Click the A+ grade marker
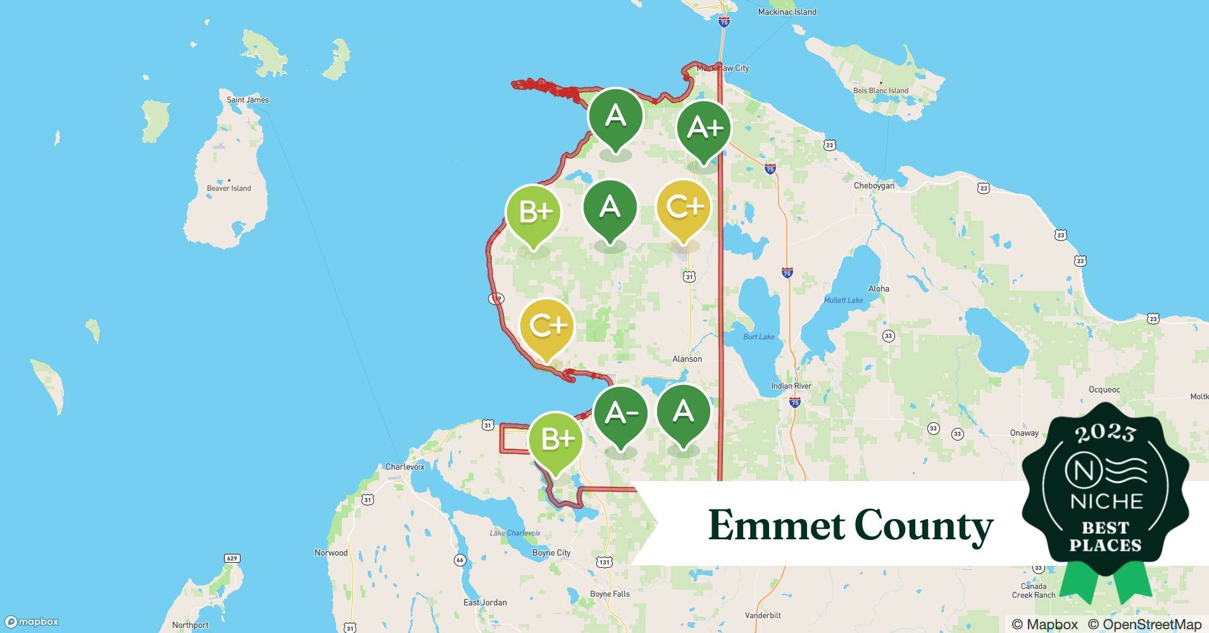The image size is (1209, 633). [x=703, y=128]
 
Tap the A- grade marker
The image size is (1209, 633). [x=620, y=414]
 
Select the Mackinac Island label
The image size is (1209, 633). [x=787, y=12]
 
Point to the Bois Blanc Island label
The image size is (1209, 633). [x=880, y=91]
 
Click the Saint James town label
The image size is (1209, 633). [x=247, y=100]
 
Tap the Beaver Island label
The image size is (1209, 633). [x=229, y=188]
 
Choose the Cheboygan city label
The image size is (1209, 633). [x=874, y=185]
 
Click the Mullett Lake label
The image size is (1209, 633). [x=843, y=300]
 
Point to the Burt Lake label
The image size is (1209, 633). [x=758, y=337]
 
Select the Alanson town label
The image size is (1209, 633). [x=687, y=359]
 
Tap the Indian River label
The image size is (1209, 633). [x=791, y=386]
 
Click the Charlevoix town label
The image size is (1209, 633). [x=404, y=467]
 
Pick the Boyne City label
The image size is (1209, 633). [x=551, y=553]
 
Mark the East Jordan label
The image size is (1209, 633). [x=485, y=602]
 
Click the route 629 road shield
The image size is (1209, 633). [x=232, y=558]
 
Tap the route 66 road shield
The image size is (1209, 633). [x=460, y=560]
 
